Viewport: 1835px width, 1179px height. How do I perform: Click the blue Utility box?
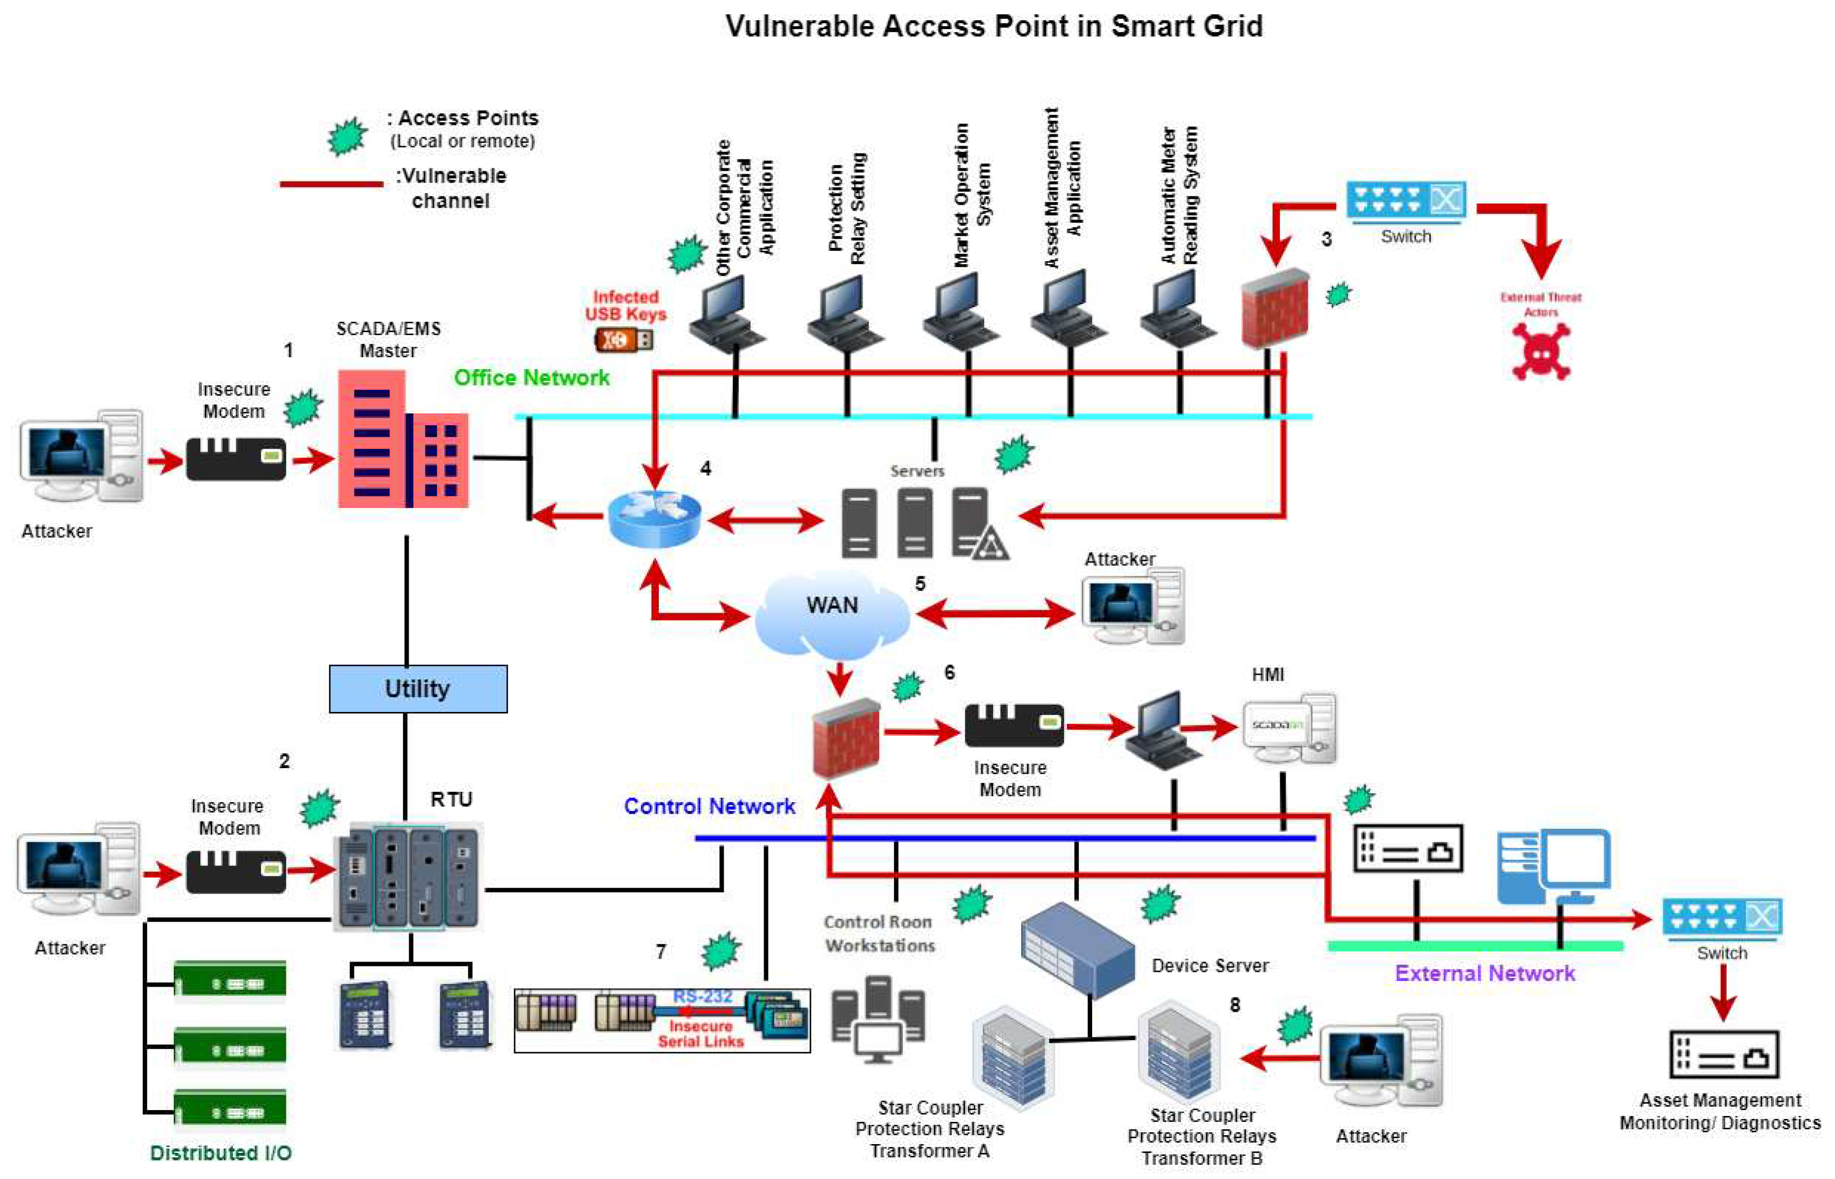(x=418, y=688)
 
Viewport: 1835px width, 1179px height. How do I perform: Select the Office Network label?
(x=532, y=377)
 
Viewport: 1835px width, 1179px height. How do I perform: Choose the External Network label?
(x=1484, y=973)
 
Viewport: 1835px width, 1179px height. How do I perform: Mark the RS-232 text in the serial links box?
(x=702, y=996)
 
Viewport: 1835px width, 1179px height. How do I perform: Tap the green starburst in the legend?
(x=347, y=137)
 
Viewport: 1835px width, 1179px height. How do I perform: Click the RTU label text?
(x=451, y=799)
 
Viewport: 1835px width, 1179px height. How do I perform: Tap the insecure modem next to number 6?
(x=1013, y=725)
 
